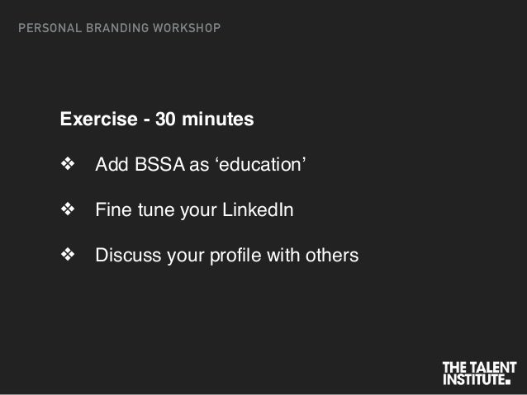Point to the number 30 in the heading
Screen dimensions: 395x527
coord(165,120)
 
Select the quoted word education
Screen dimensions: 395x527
coord(260,167)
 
